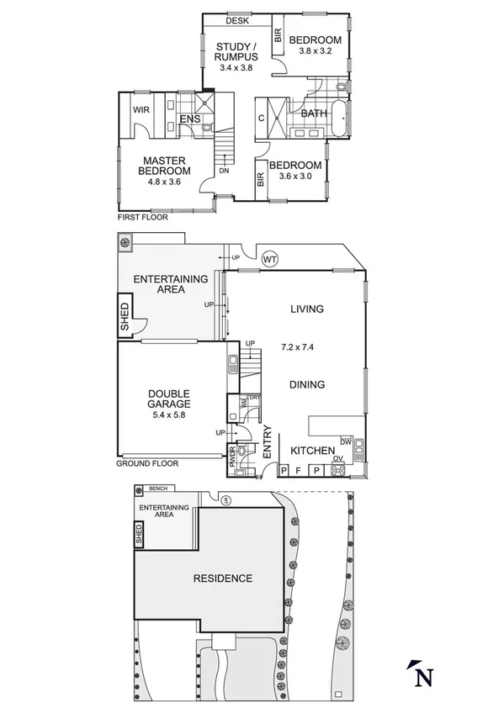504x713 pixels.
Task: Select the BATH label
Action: point(314,114)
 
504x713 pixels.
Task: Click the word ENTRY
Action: point(268,442)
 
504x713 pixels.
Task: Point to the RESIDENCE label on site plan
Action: point(223,578)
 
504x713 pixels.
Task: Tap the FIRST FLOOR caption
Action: point(143,217)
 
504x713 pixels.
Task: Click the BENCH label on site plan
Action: point(157,489)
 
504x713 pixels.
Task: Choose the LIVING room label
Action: point(306,309)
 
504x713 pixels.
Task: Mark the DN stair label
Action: point(224,172)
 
